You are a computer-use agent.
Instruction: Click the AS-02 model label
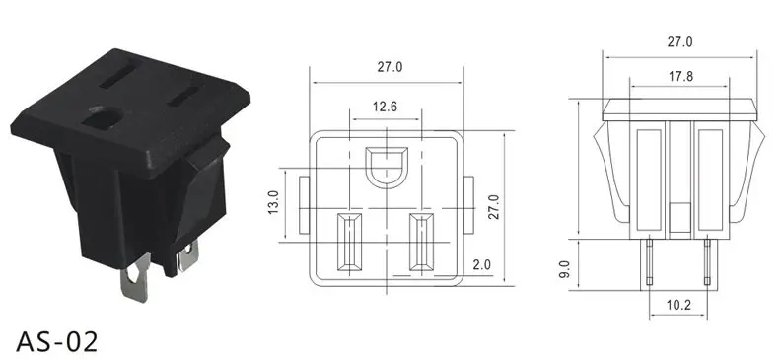coord(57,342)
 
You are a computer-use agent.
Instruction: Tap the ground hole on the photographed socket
coord(103,118)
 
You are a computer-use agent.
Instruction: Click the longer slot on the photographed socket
coord(117,75)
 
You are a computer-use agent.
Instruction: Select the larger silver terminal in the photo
coord(135,277)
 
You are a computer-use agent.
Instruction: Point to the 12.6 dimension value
coord(385,107)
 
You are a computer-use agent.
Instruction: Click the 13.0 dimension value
coord(273,202)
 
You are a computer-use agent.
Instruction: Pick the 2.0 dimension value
coord(481,264)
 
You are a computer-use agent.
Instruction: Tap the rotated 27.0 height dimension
coord(493,207)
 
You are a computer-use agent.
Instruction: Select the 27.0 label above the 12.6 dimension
coord(390,66)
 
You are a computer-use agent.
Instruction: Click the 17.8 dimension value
coord(680,76)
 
